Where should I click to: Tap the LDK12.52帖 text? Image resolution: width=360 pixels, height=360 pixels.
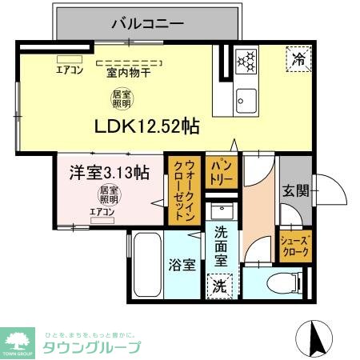pyautogui.click(x=147, y=126)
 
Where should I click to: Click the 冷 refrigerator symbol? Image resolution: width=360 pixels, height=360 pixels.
pyautogui.click(x=298, y=58)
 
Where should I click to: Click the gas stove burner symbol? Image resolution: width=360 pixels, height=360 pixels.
pyautogui.click(x=246, y=58)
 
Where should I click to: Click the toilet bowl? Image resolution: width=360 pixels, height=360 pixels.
pyautogui.click(x=272, y=284)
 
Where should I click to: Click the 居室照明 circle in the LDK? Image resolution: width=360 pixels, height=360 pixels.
pyautogui.click(x=122, y=99)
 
